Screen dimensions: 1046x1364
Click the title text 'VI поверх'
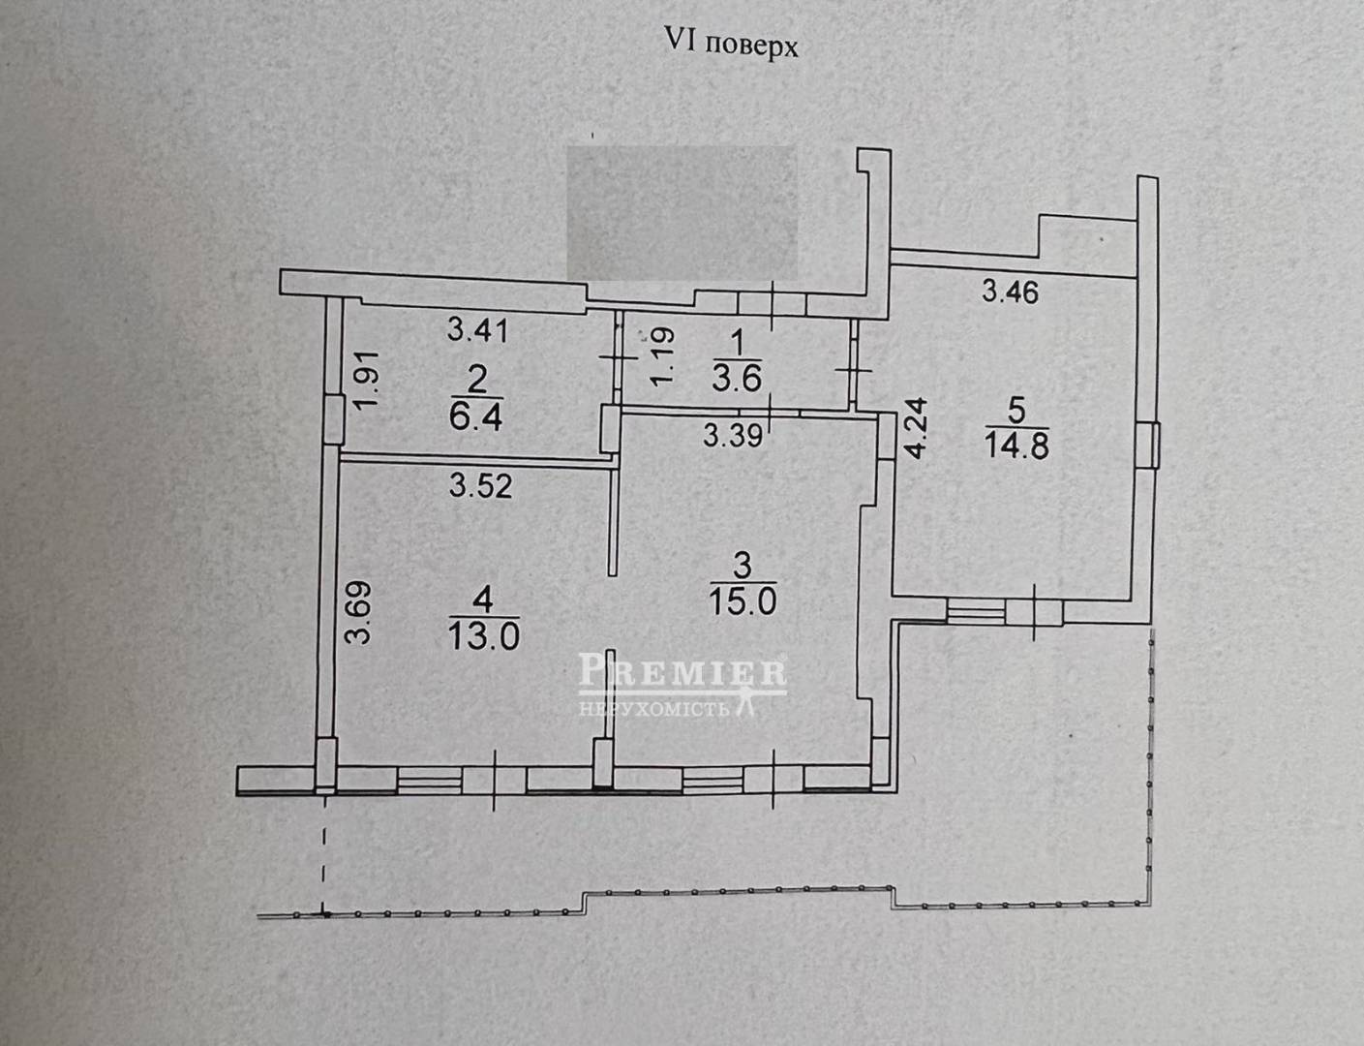730,44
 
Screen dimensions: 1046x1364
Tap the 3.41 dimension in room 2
477,330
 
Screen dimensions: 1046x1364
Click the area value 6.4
475,417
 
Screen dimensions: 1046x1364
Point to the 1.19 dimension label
662,355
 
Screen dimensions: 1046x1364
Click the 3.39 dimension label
733,436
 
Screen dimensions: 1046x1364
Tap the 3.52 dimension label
480,484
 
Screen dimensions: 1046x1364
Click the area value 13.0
483,636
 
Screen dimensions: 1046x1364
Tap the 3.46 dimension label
1010,291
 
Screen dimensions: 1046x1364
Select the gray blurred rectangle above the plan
681,212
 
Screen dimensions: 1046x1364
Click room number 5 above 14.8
1016,411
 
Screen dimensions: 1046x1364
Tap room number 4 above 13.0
484,600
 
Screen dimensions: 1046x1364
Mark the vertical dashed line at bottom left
323,852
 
